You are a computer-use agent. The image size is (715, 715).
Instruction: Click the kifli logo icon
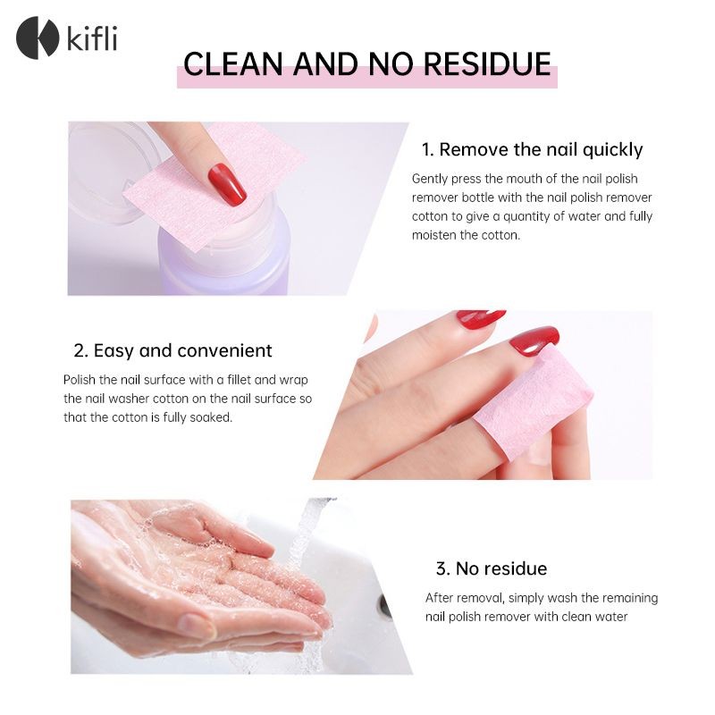click(38, 38)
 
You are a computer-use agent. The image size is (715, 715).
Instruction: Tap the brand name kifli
click(92, 38)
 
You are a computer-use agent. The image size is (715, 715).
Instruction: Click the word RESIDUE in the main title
click(487, 63)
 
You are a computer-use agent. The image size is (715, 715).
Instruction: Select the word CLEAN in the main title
click(233, 63)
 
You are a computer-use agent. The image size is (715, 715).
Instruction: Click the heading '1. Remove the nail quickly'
click(532, 149)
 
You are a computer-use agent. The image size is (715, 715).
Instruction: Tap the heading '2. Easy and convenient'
click(172, 350)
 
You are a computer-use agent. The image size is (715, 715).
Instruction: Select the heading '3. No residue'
click(492, 568)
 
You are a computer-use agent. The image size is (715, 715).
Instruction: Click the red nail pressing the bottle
click(227, 184)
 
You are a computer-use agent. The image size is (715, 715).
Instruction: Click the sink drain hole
click(385, 607)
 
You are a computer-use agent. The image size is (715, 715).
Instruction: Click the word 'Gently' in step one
click(430, 179)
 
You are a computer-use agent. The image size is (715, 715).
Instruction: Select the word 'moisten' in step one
click(434, 235)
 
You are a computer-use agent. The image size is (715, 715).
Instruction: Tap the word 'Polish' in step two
click(80, 380)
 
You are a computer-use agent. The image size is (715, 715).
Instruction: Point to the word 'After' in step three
click(440, 598)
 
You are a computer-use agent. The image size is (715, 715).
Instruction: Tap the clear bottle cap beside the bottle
click(114, 173)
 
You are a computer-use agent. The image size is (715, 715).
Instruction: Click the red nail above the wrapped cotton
click(534, 341)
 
